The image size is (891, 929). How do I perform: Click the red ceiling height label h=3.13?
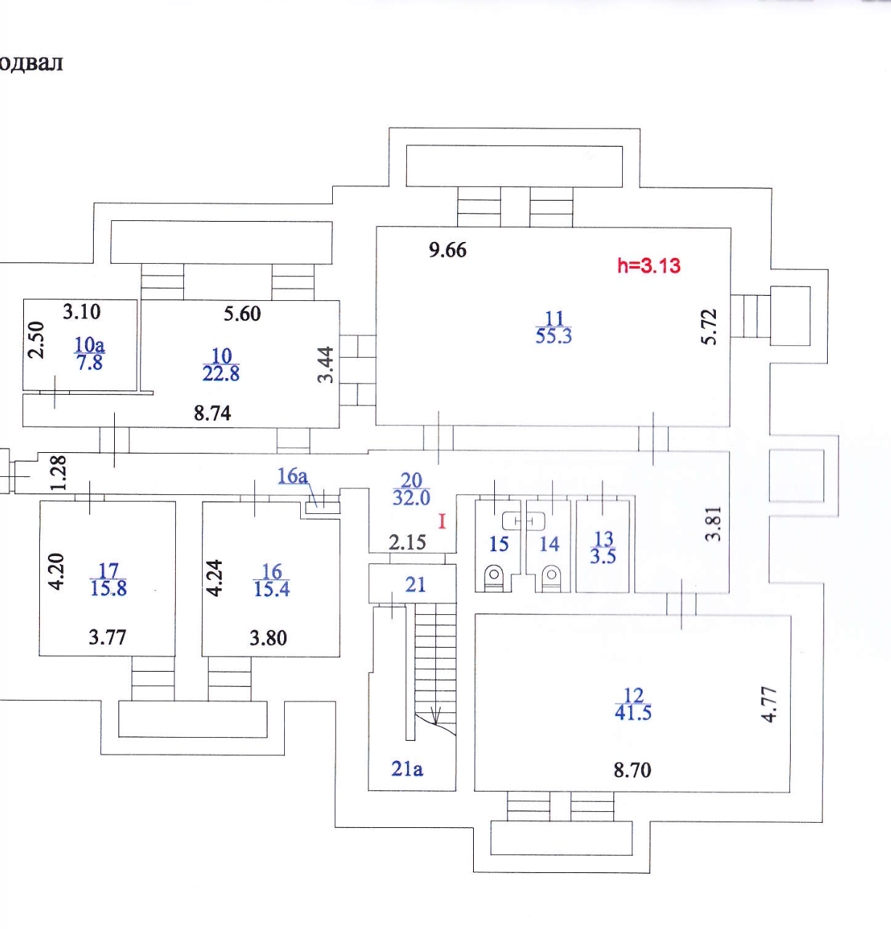tap(648, 265)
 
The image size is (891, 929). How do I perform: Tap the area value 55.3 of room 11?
tap(554, 336)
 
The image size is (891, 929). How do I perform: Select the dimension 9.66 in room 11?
tap(448, 250)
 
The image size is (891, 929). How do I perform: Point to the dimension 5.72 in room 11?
tap(709, 327)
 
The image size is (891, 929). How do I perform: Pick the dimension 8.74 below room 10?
tap(212, 414)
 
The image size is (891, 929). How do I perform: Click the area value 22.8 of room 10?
tap(221, 374)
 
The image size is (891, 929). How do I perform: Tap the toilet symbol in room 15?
tap(494, 577)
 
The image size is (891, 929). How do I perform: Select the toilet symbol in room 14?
tap(552, 577)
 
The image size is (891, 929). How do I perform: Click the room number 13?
tap(604, 539)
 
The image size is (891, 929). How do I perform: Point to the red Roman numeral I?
tap(442, 521)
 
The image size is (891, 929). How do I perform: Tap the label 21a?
tap(407, 768)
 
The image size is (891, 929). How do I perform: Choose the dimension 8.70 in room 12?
tap(632, 770)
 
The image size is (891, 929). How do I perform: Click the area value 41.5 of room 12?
tap(633, 713)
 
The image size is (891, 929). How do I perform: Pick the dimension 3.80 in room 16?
tap(268, 638)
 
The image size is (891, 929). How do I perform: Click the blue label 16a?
tap(292, 476)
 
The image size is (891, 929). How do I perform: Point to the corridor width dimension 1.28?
tap(59, 472)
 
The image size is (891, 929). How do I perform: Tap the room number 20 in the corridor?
tap(411, 480)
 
